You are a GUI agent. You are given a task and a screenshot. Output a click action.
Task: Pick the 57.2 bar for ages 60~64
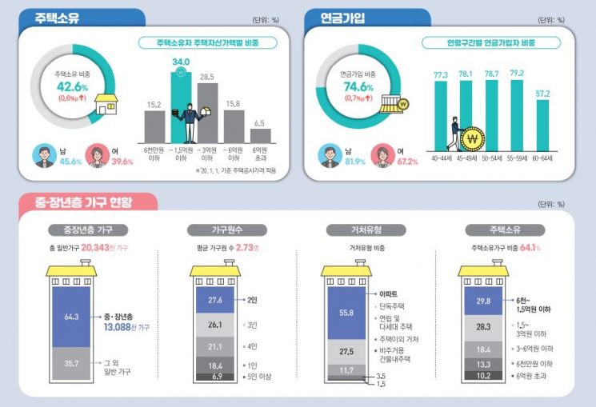(543, 125)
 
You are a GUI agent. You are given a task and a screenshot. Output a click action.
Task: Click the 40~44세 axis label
(440, 158)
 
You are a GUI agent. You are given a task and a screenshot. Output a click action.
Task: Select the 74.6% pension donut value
(358, 86)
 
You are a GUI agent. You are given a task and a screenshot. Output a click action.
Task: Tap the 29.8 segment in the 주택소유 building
(483, 301)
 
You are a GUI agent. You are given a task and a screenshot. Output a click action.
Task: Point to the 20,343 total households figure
(98, 249)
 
